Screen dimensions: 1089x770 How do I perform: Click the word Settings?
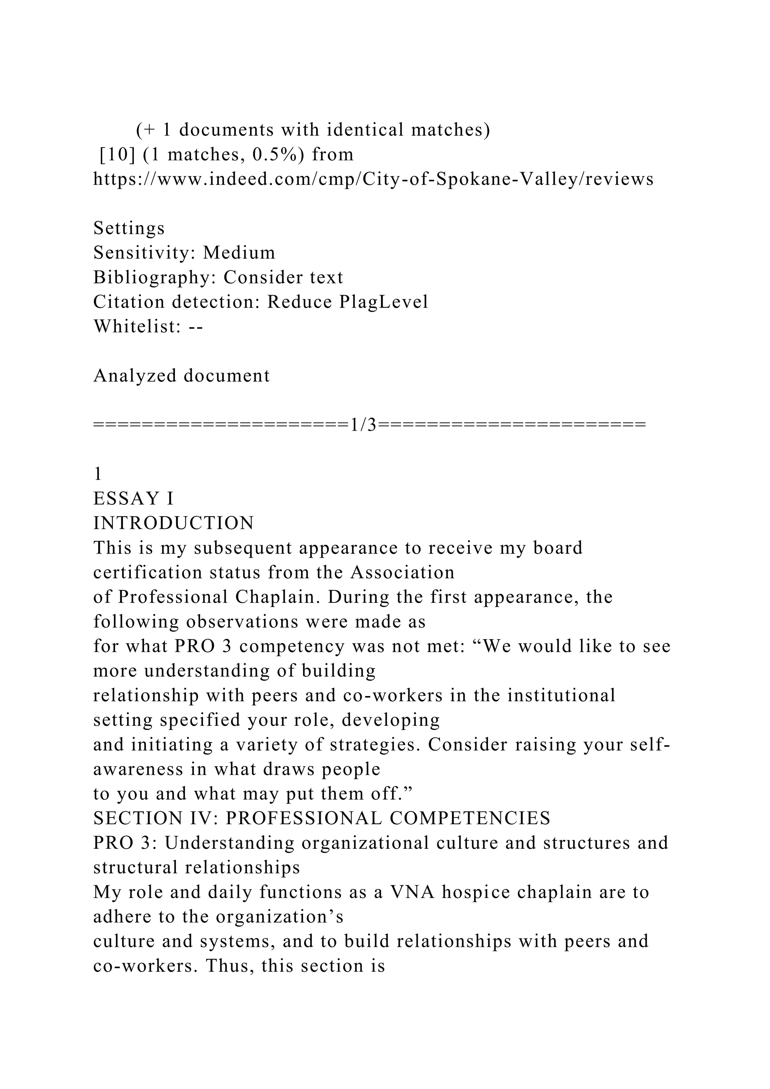(x=129, y=229)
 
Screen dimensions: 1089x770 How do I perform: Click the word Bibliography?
(x=154, y=278)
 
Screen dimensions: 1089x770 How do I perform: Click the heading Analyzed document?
(x=182, y=376)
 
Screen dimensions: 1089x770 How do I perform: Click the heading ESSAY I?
(x=134, y=499)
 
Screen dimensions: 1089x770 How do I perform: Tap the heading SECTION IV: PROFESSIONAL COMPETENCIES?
(x=322, y=819)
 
